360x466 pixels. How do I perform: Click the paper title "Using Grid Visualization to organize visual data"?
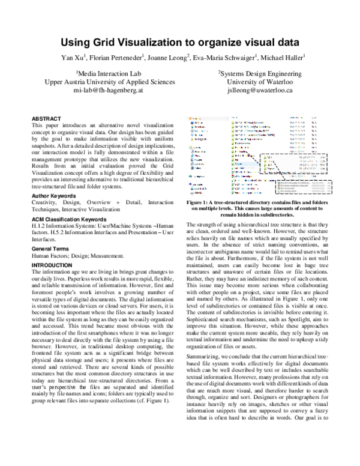(179, 43)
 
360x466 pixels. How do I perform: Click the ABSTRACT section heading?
(46, 119)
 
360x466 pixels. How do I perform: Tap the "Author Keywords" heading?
(55, 180)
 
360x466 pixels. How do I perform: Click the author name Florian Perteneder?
(120, 58)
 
